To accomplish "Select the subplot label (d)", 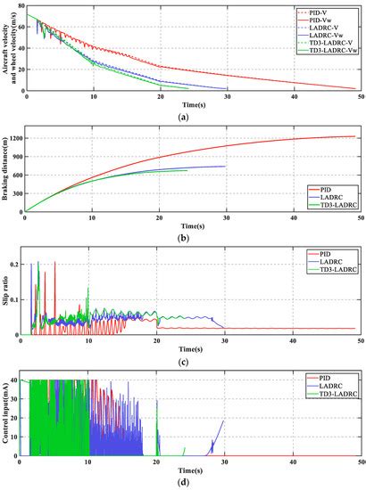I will [182, 483].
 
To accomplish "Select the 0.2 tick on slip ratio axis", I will [17, 265].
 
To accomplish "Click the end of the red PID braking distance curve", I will [356, 136].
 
